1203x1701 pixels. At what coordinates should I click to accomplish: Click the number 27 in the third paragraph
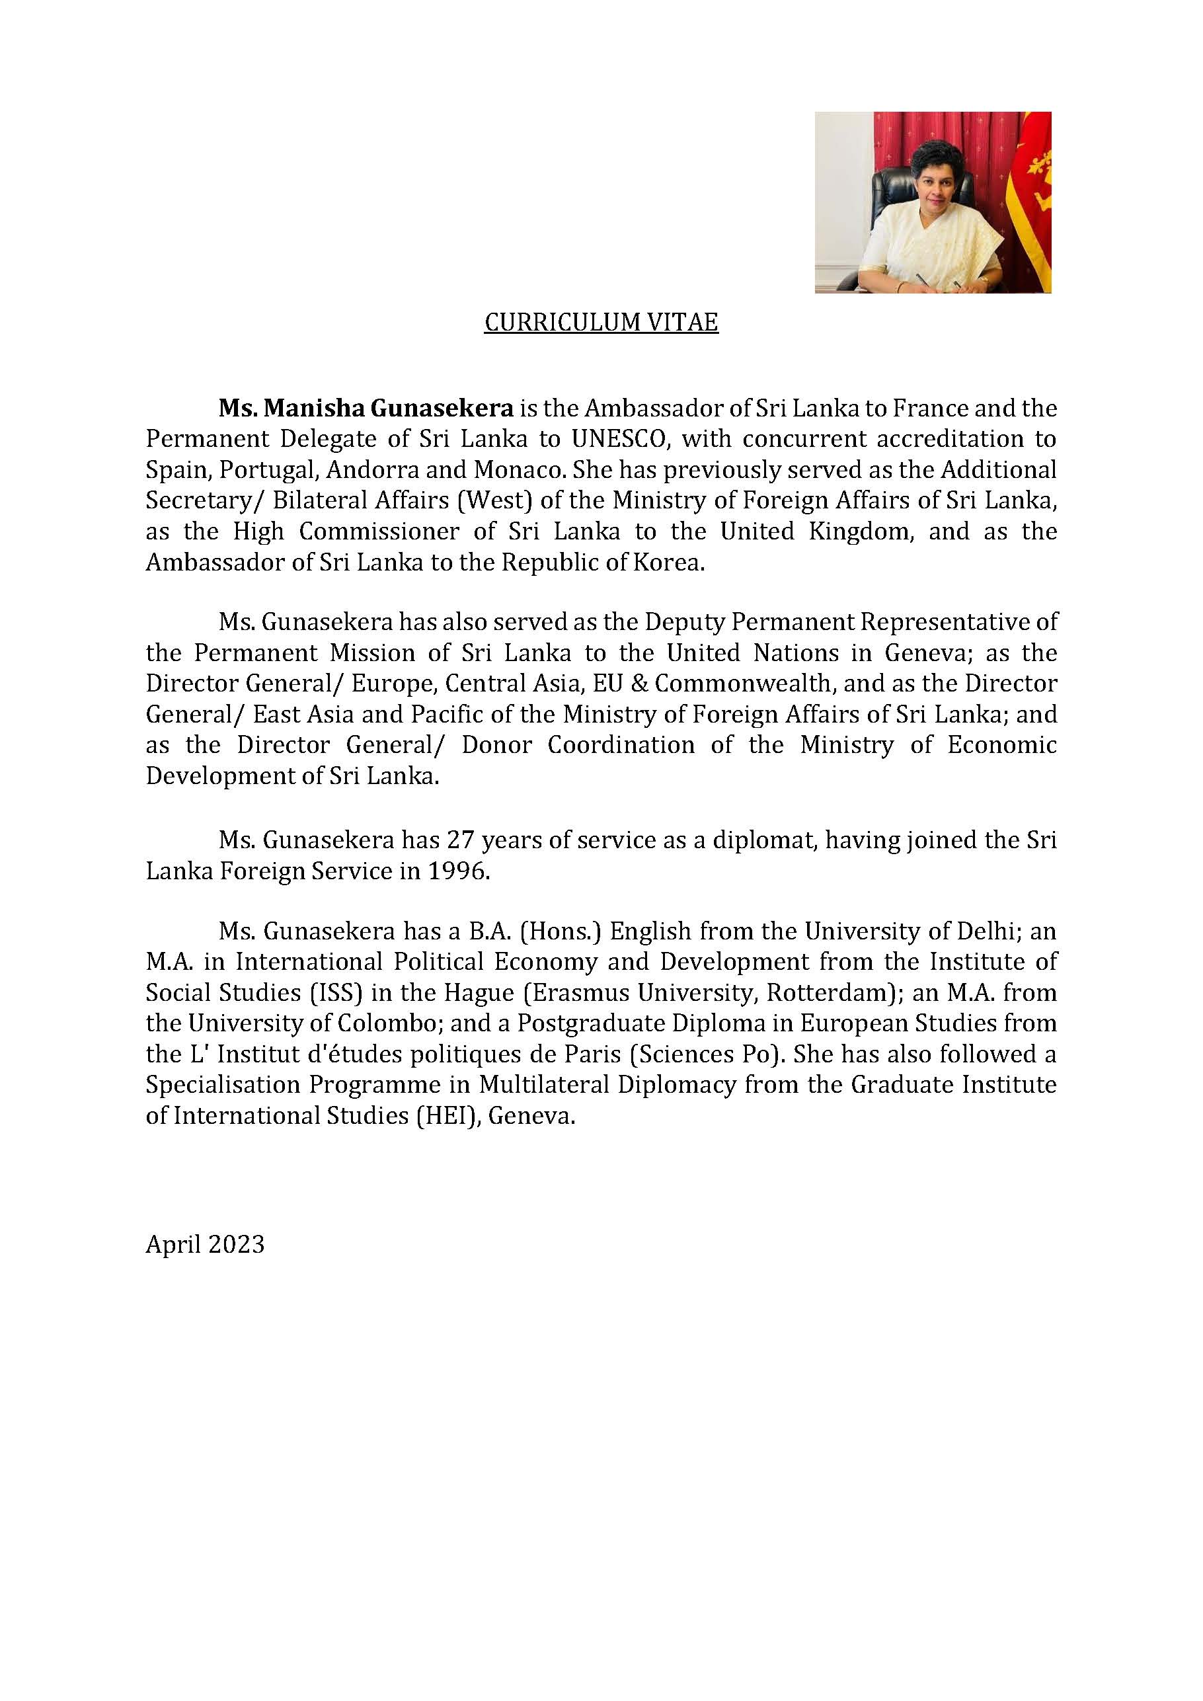(x=461, y=840)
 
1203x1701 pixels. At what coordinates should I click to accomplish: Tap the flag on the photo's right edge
(x=1035, y=200)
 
